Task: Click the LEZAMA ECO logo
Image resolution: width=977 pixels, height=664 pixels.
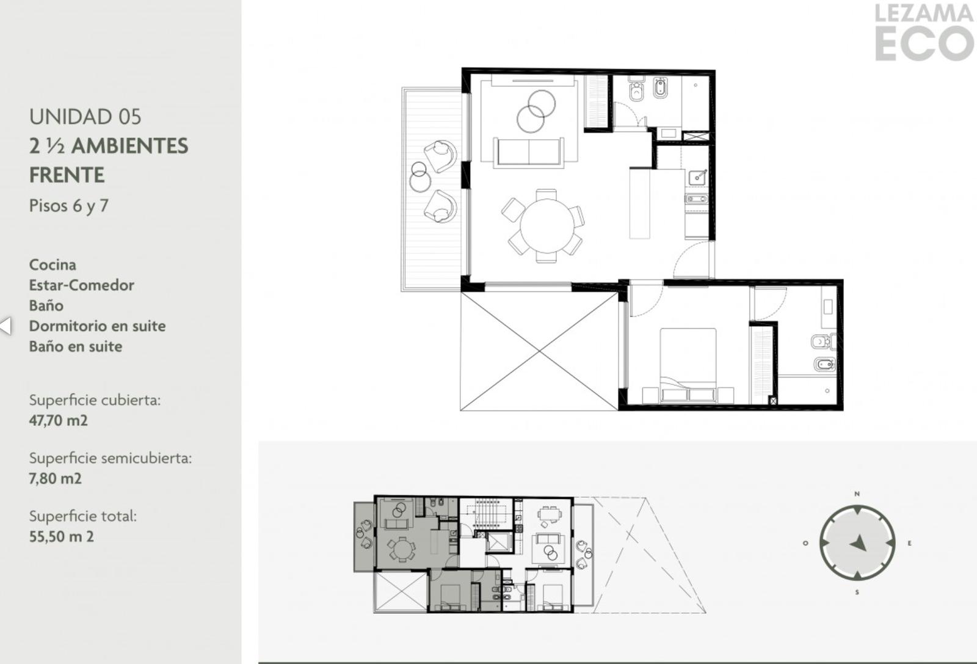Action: click(x=924, y=32)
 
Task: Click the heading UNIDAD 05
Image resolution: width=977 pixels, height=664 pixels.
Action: click(x=85, y=117)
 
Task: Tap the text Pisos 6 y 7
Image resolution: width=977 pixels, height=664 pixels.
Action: click(x=68, y=206)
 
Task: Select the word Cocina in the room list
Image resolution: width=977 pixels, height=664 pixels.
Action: click(x=53, y=265)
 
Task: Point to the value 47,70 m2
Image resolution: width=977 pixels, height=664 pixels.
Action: click(x=59, y=420)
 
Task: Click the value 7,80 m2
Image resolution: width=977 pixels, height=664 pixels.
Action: click(x=56, y=478)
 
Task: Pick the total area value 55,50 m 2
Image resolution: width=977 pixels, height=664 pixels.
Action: click(x=62, y=536)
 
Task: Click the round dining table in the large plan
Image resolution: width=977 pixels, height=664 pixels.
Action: click(x=547, y=226)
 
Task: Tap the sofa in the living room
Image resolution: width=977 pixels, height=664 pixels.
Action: click(x=528, y=152)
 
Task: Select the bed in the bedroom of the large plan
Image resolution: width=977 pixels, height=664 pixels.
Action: click(x=688, y=365)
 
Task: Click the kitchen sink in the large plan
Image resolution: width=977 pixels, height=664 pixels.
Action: click(x=697, y=178)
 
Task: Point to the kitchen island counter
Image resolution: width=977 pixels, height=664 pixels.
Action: click(x=639, y=204)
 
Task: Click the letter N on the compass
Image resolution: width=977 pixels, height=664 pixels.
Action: click(x=857, y=494)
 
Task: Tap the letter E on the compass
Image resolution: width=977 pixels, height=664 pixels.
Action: click(x=909, y=543)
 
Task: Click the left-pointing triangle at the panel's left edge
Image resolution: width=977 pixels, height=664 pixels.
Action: click(x=5, y=326)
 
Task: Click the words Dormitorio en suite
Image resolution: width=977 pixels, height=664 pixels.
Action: click(x=97, y=326)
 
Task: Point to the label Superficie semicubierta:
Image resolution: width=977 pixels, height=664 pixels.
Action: click(x=111, y=458)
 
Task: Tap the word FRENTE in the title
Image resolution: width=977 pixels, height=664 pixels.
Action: click(x=67, y=175)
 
